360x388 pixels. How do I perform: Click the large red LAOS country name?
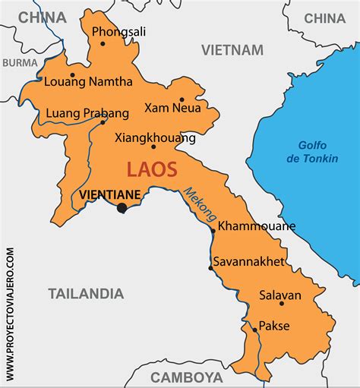pos(152,169)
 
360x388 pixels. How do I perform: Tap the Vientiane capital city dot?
pos(122,207)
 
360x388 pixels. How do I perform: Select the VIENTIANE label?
pos(109,194)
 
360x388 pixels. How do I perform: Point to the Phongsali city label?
pos(118,32)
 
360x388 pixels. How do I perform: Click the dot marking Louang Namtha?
pos(72,75)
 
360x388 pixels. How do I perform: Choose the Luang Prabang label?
pos(87,112)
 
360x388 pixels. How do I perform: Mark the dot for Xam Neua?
pos(182,99)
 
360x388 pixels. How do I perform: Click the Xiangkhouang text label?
pos(155,137)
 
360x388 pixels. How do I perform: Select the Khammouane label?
pos(257,226)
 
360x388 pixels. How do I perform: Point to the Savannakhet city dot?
pos(210,267)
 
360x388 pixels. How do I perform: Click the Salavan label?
pos(280,295)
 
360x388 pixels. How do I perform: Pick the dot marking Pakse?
pos(254,329)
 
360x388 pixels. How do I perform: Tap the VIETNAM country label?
pos(232,50)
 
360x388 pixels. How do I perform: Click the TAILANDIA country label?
pos(86,293)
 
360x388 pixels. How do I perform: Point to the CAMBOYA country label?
pos(186,377)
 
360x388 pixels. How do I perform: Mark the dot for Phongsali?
pos(103,43)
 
